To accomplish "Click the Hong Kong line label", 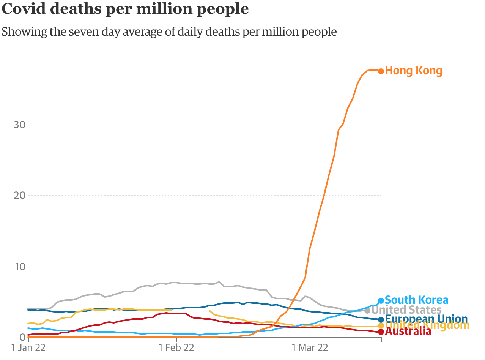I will [x=414, y=71].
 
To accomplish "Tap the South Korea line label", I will [x=416, y=300].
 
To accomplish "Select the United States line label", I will [x=406, y=310].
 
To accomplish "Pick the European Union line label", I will [x=426, y=319].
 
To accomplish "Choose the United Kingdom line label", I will [x=427, y=325].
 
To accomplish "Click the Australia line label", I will [x=408, y=332].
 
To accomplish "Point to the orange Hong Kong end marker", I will [x=381, y=71].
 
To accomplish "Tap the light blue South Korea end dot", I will [x=381, y=300].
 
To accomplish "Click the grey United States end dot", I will [x=367, y=311].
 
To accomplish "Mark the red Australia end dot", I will [x=381, y=332].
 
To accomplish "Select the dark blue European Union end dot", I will [x=381, y=319].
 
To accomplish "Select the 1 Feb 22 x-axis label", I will [x=176, y=348].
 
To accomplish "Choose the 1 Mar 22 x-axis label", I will [x=310, y=348].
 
